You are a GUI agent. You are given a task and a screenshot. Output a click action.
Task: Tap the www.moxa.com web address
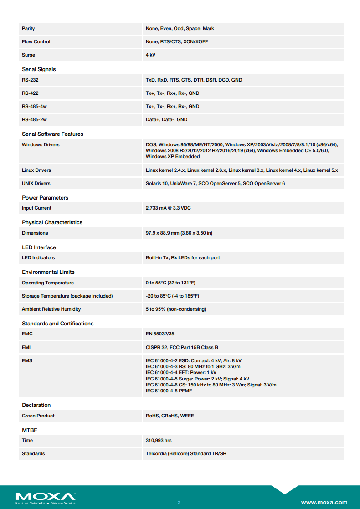(324, 502)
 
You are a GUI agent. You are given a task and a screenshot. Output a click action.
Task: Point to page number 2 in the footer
(179, 503)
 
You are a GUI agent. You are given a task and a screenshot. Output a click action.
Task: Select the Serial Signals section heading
(39, 69)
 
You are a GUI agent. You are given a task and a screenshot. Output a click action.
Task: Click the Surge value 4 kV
(150, 55)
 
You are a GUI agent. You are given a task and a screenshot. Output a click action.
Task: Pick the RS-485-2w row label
(34, 120)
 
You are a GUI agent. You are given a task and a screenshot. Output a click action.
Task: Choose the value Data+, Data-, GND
(166, 120)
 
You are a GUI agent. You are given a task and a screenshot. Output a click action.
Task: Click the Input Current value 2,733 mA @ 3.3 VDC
(168, 208)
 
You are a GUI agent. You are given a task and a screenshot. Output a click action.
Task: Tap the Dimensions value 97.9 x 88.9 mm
(179, 233)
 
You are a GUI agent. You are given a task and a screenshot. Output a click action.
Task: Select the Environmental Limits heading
(48, 272)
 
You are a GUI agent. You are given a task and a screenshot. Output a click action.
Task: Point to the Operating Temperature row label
(47, 283)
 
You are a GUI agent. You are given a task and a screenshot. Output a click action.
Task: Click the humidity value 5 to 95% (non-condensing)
(175, 309)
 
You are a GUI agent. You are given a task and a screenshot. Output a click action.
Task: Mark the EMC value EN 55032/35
(160, 334)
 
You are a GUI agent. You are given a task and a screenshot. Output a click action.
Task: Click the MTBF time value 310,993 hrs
(159, 441)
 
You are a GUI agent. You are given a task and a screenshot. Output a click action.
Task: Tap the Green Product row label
(38, 416)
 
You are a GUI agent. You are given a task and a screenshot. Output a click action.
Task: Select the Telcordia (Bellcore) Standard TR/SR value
(186, 454)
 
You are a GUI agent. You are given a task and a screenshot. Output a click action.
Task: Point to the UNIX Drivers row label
(36, 184)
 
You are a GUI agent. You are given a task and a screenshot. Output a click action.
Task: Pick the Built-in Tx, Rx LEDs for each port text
(183, 258)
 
